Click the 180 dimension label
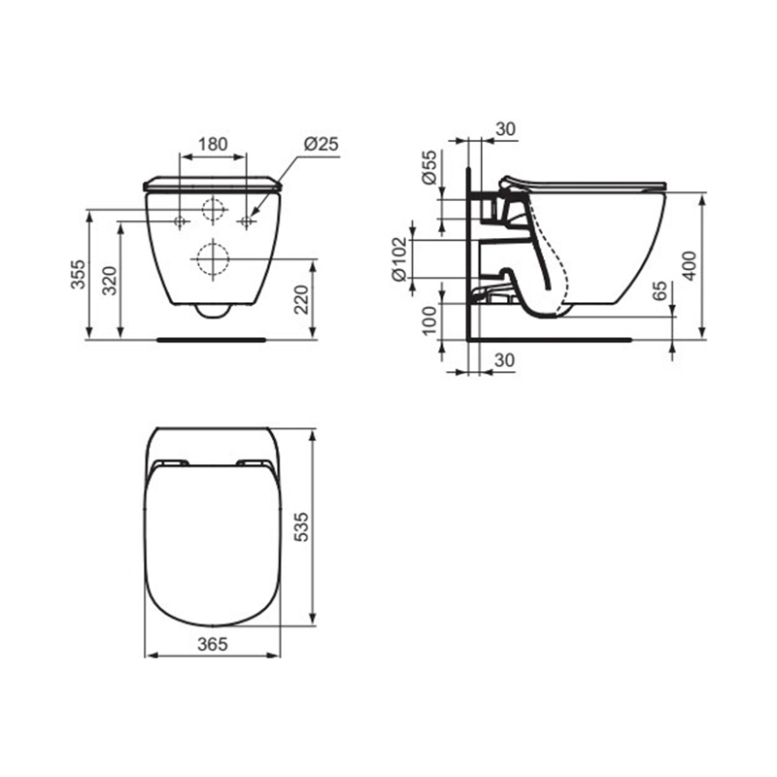coord(213,144)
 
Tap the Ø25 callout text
coord(321,144)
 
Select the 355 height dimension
coord(78,274)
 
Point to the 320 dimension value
coord(109,281)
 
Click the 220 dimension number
coord(302,299)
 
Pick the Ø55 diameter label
coord(430,167)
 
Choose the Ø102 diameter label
coord(399,259)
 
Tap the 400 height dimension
coord(690,266)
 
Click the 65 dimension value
coord(659,290)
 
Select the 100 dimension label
coord(430,321)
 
